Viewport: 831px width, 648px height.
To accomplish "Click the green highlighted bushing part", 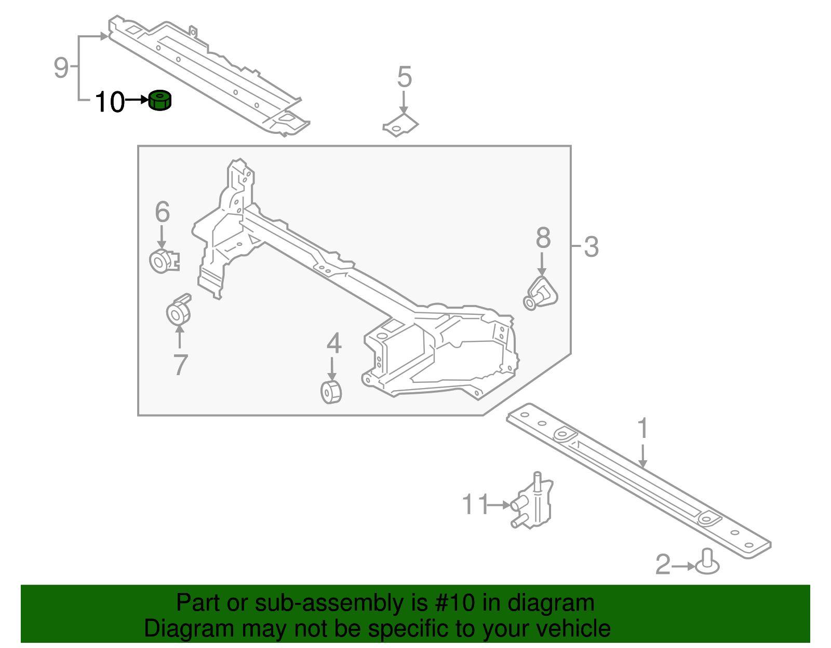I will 160,100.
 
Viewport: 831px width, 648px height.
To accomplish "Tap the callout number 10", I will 110,102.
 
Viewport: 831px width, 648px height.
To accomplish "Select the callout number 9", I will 61,67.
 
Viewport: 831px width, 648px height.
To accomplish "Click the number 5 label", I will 404,77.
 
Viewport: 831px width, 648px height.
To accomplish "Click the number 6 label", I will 162,212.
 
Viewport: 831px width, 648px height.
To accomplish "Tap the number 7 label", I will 180,365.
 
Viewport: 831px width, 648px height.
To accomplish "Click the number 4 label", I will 333,343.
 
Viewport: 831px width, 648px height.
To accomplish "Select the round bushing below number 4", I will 331,392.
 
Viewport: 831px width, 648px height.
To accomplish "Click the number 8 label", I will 543,238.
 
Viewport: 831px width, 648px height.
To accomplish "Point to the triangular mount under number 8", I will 540,294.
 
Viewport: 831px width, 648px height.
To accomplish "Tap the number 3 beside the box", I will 591,247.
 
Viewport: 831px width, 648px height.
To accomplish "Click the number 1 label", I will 642,429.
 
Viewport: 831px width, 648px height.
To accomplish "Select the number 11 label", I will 475,504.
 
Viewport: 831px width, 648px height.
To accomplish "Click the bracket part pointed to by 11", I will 533,503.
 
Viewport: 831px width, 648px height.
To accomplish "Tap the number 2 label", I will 663,565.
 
